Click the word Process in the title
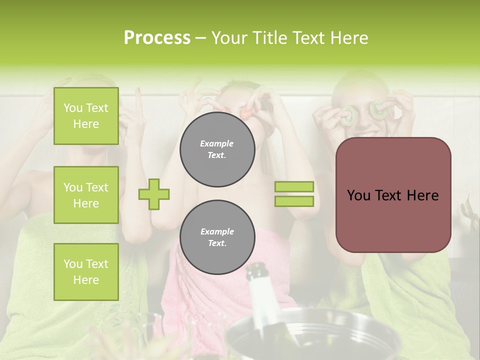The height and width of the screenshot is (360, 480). (157, 38)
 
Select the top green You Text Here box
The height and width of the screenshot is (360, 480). (86, 116)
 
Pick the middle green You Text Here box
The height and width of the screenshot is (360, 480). (86, 195)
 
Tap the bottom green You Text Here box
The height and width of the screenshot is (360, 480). (86, 272)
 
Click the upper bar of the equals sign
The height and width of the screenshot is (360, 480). (294, 187)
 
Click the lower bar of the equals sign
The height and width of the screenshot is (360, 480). (294, 201)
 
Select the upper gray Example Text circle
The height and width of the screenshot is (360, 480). (217, 149)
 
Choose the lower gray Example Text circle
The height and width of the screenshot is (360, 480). (217, 237)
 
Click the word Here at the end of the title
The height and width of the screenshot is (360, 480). (349, 38)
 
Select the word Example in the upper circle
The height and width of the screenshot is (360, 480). (217, 143)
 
